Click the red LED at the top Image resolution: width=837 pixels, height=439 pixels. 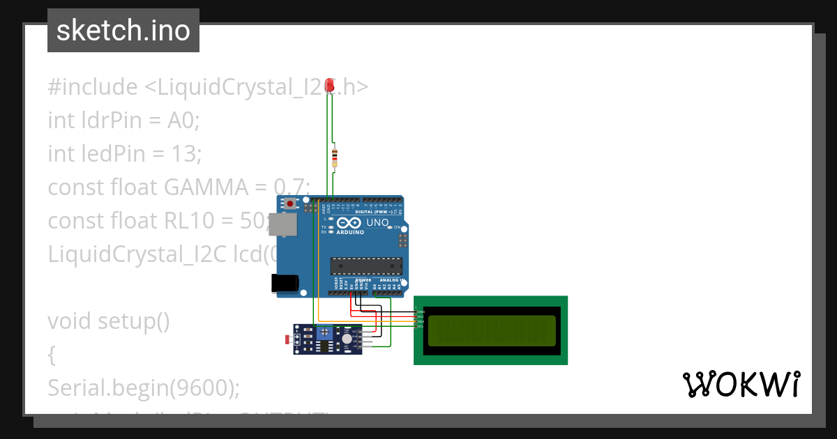coord(331,87)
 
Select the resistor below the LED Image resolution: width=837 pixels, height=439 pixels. coord(335,158)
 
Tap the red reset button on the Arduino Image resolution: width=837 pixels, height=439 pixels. coord(289,204)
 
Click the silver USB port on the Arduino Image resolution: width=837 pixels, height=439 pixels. coord(283,224)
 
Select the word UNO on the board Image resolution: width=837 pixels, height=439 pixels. coord(377,223)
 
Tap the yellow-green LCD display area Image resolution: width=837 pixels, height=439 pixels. coord(492,330)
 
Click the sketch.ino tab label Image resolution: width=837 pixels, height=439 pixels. coord(123,31)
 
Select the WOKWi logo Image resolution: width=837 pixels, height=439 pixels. coord(741,385)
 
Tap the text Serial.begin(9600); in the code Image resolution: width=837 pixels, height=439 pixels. coord(143,387)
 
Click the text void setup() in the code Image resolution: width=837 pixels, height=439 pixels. coord(109,321)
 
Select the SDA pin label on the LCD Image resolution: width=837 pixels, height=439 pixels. coord(420,321)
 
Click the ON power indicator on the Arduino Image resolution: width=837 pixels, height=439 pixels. coord(397,227)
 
